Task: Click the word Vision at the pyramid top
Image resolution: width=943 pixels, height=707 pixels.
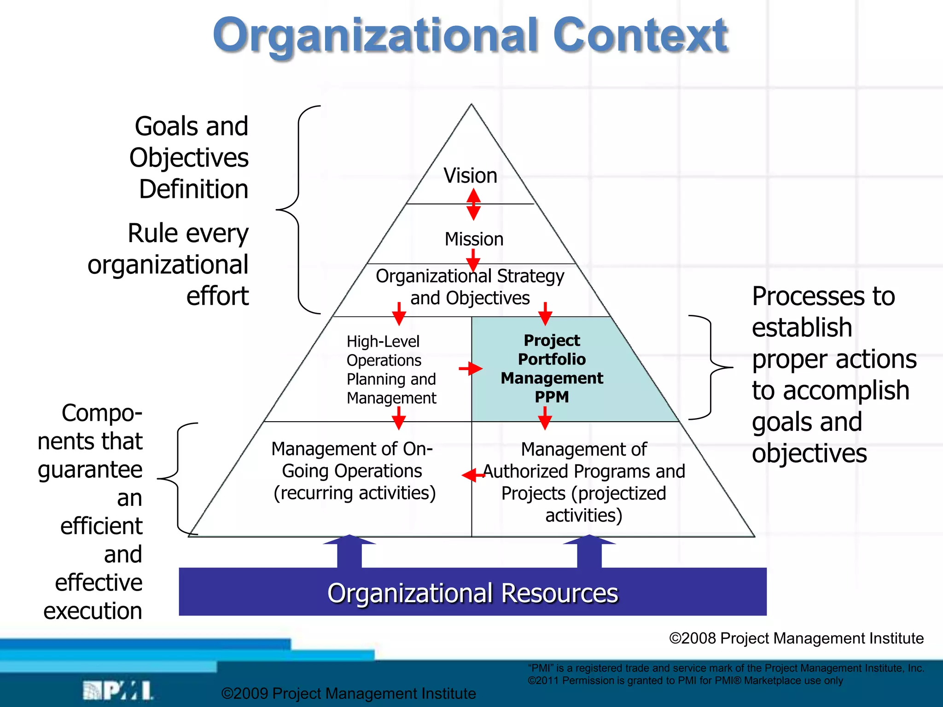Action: [x=470, y=176]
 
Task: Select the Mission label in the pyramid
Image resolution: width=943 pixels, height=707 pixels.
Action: [x=474, y=239]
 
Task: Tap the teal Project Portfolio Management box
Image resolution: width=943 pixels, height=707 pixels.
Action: [x=552, y=368]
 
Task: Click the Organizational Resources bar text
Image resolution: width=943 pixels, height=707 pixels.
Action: [x=472, y=593]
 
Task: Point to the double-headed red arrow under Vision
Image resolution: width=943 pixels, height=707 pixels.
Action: [x=473, y=204]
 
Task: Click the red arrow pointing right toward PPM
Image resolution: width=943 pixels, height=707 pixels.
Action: [x=471, y=368]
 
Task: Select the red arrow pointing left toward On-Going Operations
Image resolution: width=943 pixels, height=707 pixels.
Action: [x=473, y=475]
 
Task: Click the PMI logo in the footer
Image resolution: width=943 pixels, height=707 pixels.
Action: [x=118, y=690]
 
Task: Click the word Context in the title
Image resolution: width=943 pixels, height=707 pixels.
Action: [x=640, y=36]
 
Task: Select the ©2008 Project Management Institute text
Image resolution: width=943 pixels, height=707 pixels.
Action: [x=796, y=638]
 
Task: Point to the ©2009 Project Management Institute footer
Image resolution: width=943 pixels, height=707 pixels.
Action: [x=349, y=693]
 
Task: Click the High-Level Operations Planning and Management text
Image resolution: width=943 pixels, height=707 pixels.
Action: [x=391, y=370]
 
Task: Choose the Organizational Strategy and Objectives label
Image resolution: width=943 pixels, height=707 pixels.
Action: [x=470, y=287]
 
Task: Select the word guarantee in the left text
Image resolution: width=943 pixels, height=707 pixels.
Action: [x=90, y=469]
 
